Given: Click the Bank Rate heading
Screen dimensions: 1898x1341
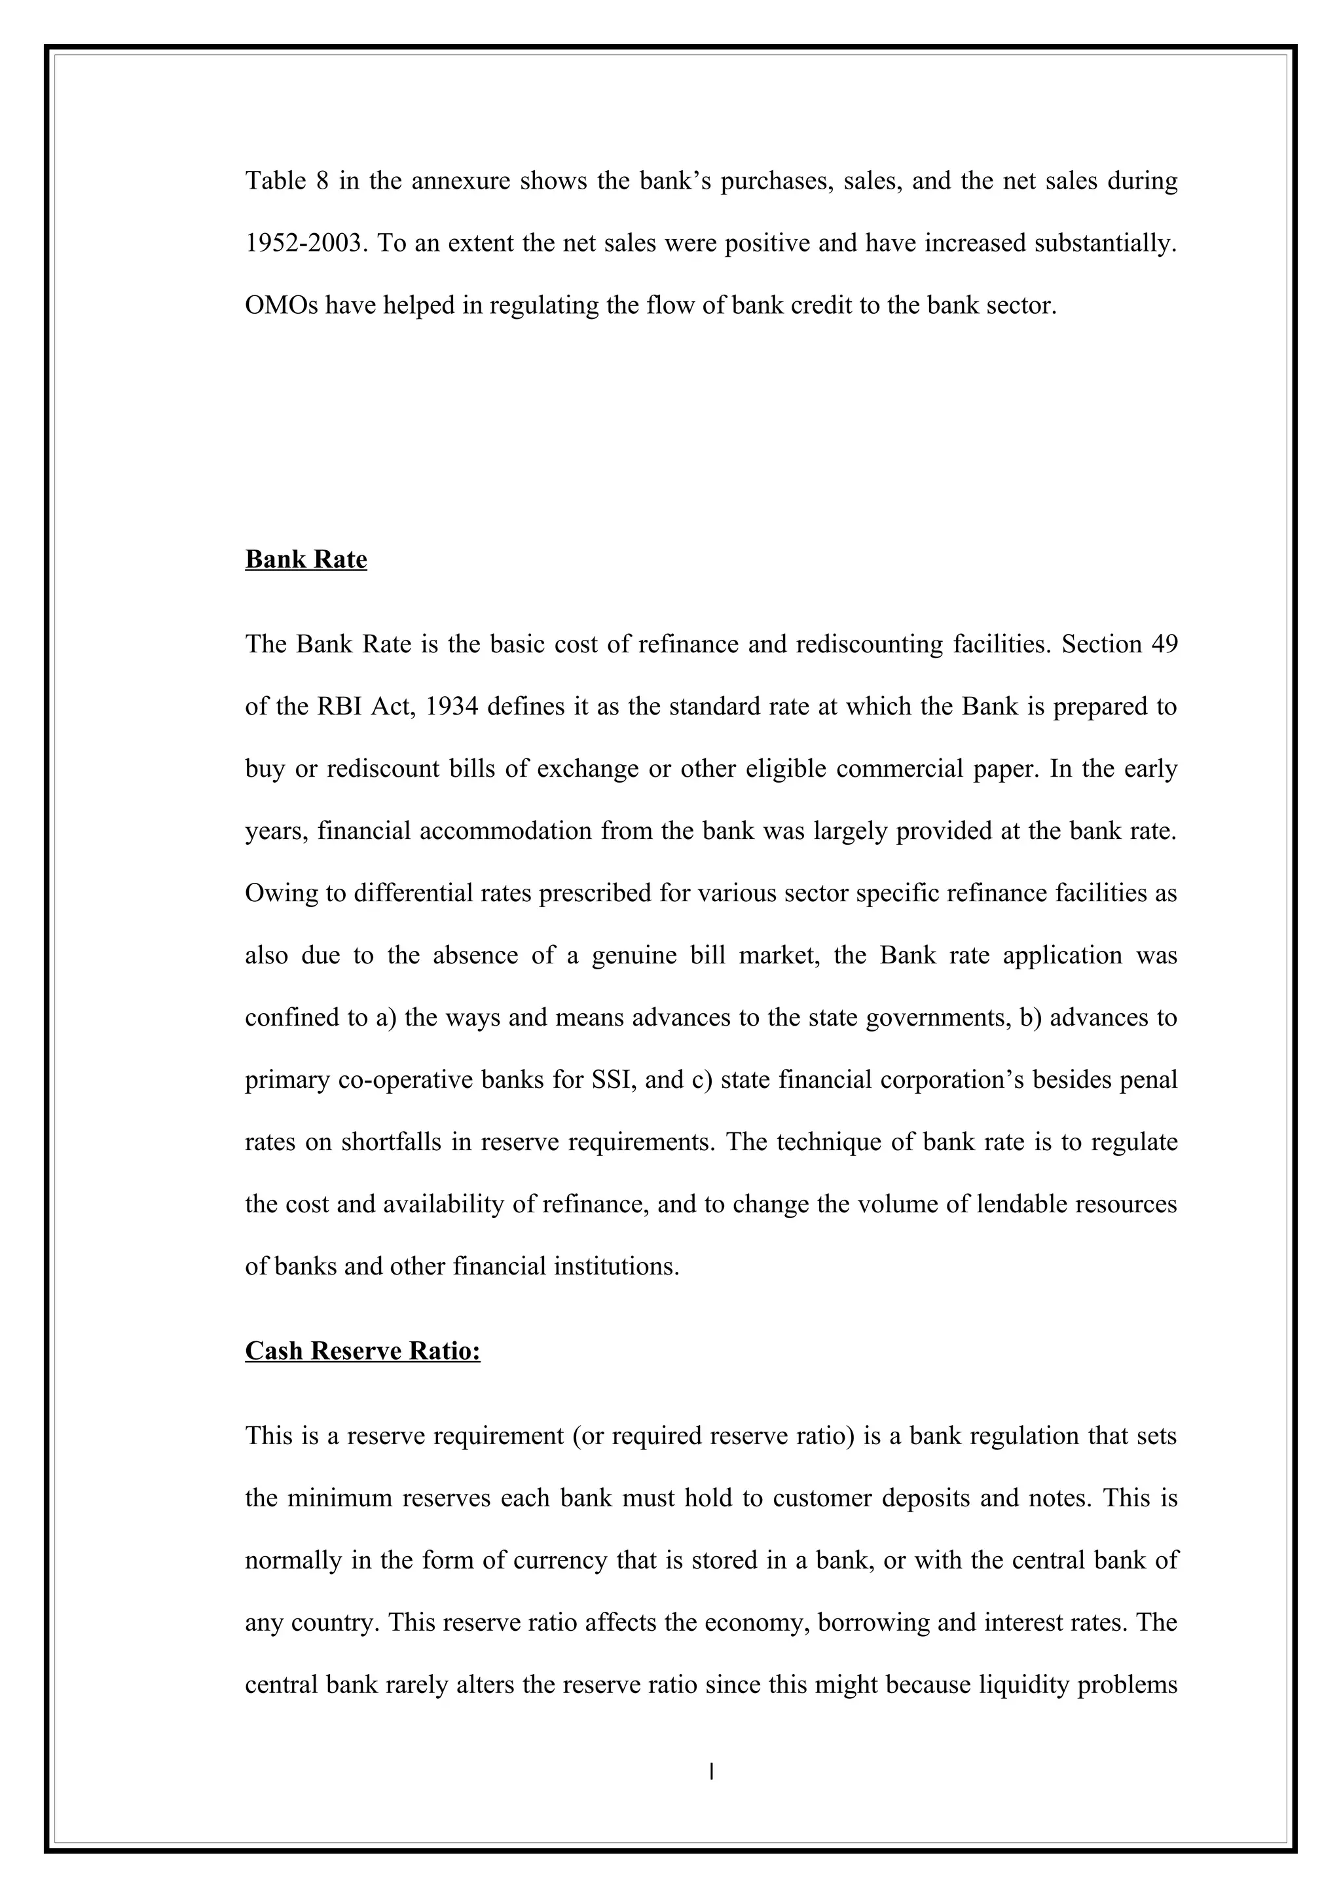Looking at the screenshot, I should [306, 560].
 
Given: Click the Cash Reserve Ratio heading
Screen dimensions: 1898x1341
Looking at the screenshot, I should [362, 1350].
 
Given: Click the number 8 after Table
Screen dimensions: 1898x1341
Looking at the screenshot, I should [322, 181].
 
